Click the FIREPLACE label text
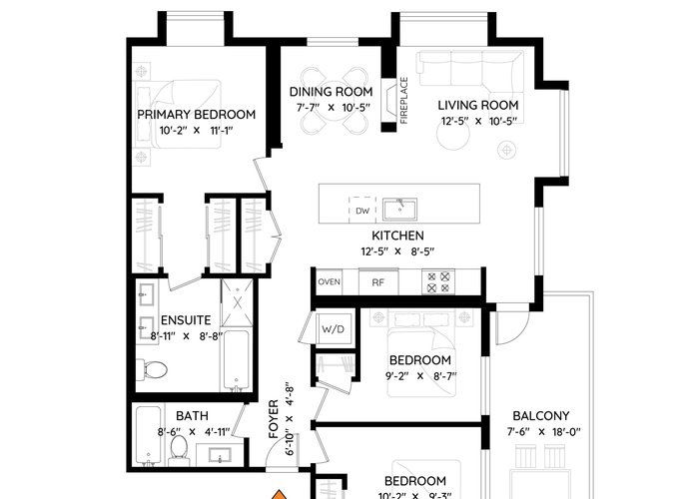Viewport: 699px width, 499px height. pyautogui.click(x=403, y=100)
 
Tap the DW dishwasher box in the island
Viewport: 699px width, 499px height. pyautogui.click(x=362, y=210)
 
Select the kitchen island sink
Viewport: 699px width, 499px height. pyautogui.click(x=399, y=210)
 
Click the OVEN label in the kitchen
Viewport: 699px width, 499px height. pyautogui.click(x=329, y=281)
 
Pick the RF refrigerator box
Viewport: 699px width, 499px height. pyautogui.click(x=378, y=281)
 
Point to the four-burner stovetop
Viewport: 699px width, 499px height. pyautogui.click(x=438, y=281)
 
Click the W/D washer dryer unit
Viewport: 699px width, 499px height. pyautogui.click(x=334, y=329)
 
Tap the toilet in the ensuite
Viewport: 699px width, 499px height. pyautogui.click(x=152, y=370)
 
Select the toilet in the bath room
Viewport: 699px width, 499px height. pyautogui.click(x=179, y=449)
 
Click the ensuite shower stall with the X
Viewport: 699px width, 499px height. pyautogui.click(x=238, y=303)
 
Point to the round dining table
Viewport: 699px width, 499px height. pyautogui.click(x=334, y=101)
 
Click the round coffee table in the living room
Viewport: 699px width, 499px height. pyautogui.click(x=453, y=133)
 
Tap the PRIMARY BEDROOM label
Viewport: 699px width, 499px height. pyautogui.click(x=196, y=115)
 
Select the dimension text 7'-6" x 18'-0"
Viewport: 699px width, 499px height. pyautogui.click(x=544, y=432)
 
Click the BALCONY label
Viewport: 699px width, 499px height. pyautogui.click(x=541, y=416)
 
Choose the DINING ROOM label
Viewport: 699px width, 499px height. pyautogui.click(x=332, y=92)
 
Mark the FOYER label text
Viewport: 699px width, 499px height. pyautogui.click(x=274, y=419)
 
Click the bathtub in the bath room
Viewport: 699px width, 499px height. pyautogui.click(x=149, y=435)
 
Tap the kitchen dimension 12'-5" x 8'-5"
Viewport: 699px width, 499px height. pyautogui.click(x=397, y=251)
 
